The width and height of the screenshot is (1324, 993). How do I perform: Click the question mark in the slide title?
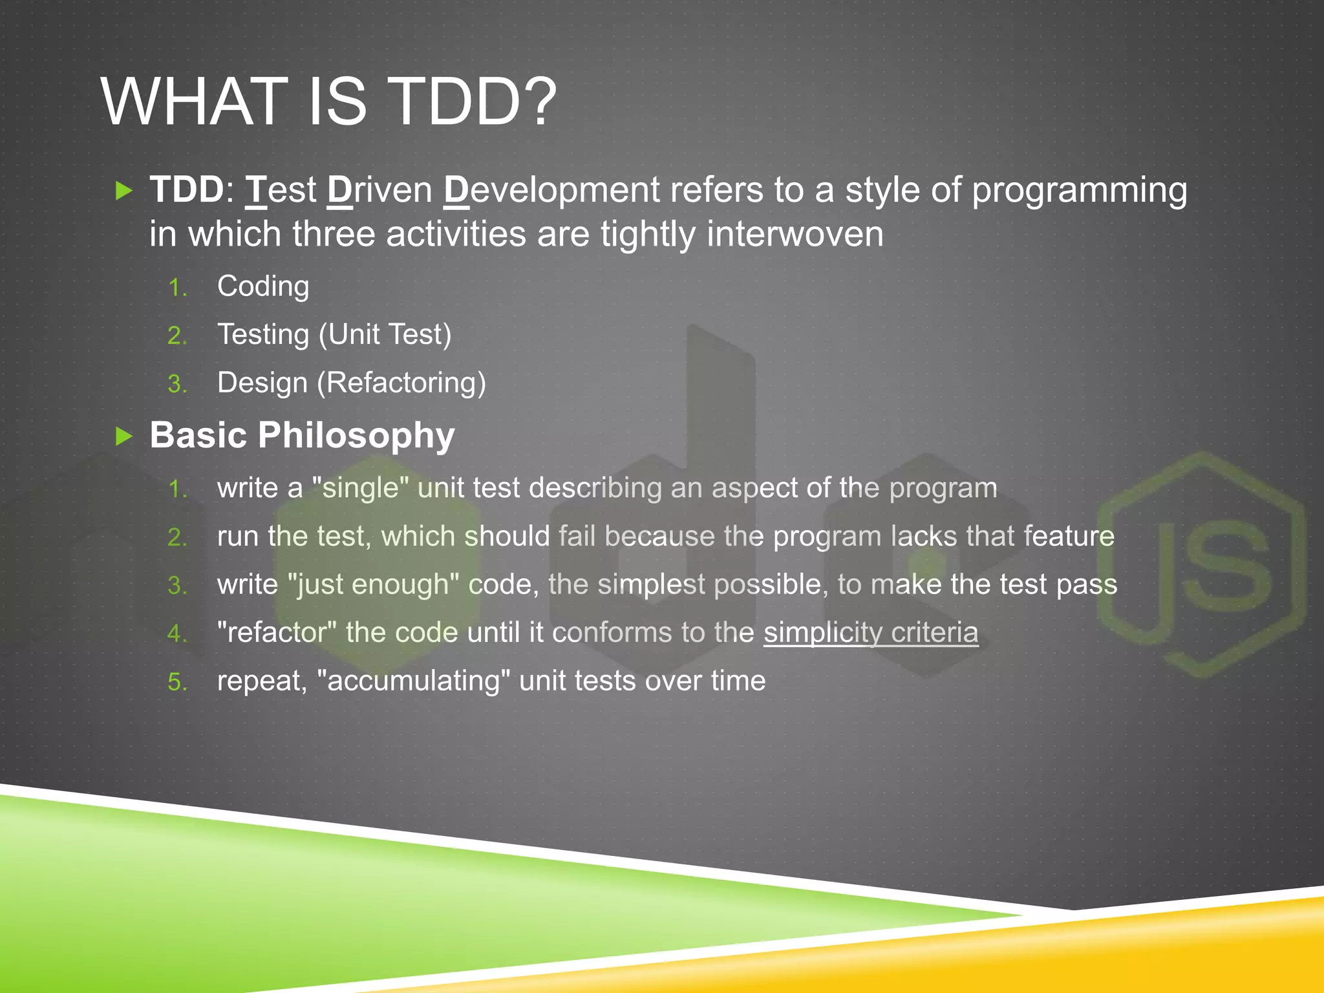coord(536,102)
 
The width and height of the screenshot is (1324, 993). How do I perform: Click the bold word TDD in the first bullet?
coord(186,190)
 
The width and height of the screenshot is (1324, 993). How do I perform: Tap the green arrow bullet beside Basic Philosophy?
coord(123,436)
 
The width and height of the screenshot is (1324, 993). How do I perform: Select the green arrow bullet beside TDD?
coord(123,191)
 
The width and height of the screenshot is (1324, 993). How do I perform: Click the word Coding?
coord(263,286)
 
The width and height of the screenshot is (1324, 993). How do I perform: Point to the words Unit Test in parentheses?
coord(385,335)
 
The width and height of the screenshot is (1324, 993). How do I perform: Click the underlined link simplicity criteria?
coord(870,632)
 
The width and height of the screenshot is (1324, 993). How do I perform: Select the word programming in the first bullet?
coord(1079,191)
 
